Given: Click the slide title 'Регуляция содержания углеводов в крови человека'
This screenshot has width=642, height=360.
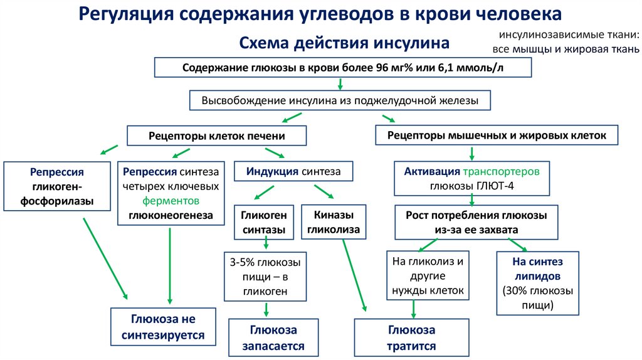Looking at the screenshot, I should [320, 14].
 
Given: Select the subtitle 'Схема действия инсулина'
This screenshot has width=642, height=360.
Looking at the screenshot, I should [345, 43].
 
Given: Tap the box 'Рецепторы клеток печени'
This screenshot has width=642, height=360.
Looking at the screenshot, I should [217, 135].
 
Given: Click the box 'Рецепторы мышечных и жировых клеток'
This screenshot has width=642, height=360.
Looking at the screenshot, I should [497, 135].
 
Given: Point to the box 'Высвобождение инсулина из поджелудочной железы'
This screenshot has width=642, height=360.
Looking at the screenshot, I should [340, 100].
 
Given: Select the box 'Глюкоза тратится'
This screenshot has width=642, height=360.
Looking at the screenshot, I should [411, 337].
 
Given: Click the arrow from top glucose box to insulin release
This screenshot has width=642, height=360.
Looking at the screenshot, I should [340, 84].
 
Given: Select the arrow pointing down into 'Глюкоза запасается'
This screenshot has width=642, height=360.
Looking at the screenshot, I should [266, 309].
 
